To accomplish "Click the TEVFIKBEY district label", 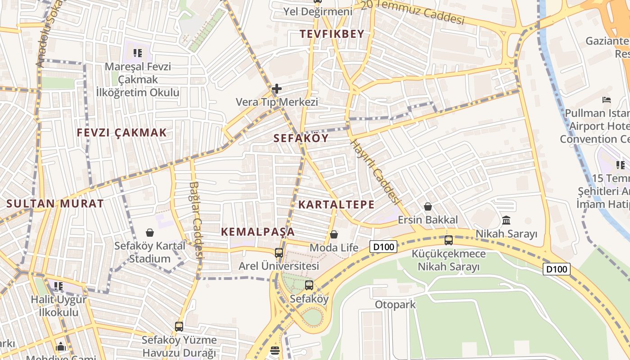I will pos(332,34).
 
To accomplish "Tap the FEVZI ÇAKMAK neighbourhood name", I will pos(121,133).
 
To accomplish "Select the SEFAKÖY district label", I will pos(301,138).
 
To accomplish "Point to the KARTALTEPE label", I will pos(336,205).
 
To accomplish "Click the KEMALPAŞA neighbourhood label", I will pos(258,232).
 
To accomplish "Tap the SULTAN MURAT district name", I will pos(55,203).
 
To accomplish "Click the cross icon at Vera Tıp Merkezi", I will pos(277,89).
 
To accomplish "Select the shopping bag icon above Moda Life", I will pos(333,234).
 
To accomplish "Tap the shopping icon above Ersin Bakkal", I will pos(427,207).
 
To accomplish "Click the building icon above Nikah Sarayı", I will pos(506,220).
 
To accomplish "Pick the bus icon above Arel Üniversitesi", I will pos(279,252).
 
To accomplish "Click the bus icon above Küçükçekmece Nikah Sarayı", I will pos(448,240).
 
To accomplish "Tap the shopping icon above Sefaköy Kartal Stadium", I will pos(150,233).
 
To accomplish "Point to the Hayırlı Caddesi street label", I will pos(375,171).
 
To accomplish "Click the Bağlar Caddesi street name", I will pos(197,220).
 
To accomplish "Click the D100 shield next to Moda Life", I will pos(383,247).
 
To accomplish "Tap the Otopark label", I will pos(395,305).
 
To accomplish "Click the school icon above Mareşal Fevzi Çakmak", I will pos(138,53).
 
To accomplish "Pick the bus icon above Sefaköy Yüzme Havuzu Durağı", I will pos(179,327).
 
